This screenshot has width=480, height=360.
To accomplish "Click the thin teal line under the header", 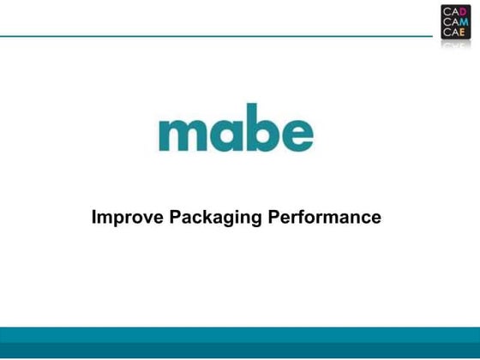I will (x=214, y=37).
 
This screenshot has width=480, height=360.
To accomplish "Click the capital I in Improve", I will (x=94, y=218).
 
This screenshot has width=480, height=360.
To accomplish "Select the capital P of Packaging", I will (x=173, y=218).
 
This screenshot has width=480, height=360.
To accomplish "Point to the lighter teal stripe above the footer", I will (x=240, y=334).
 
